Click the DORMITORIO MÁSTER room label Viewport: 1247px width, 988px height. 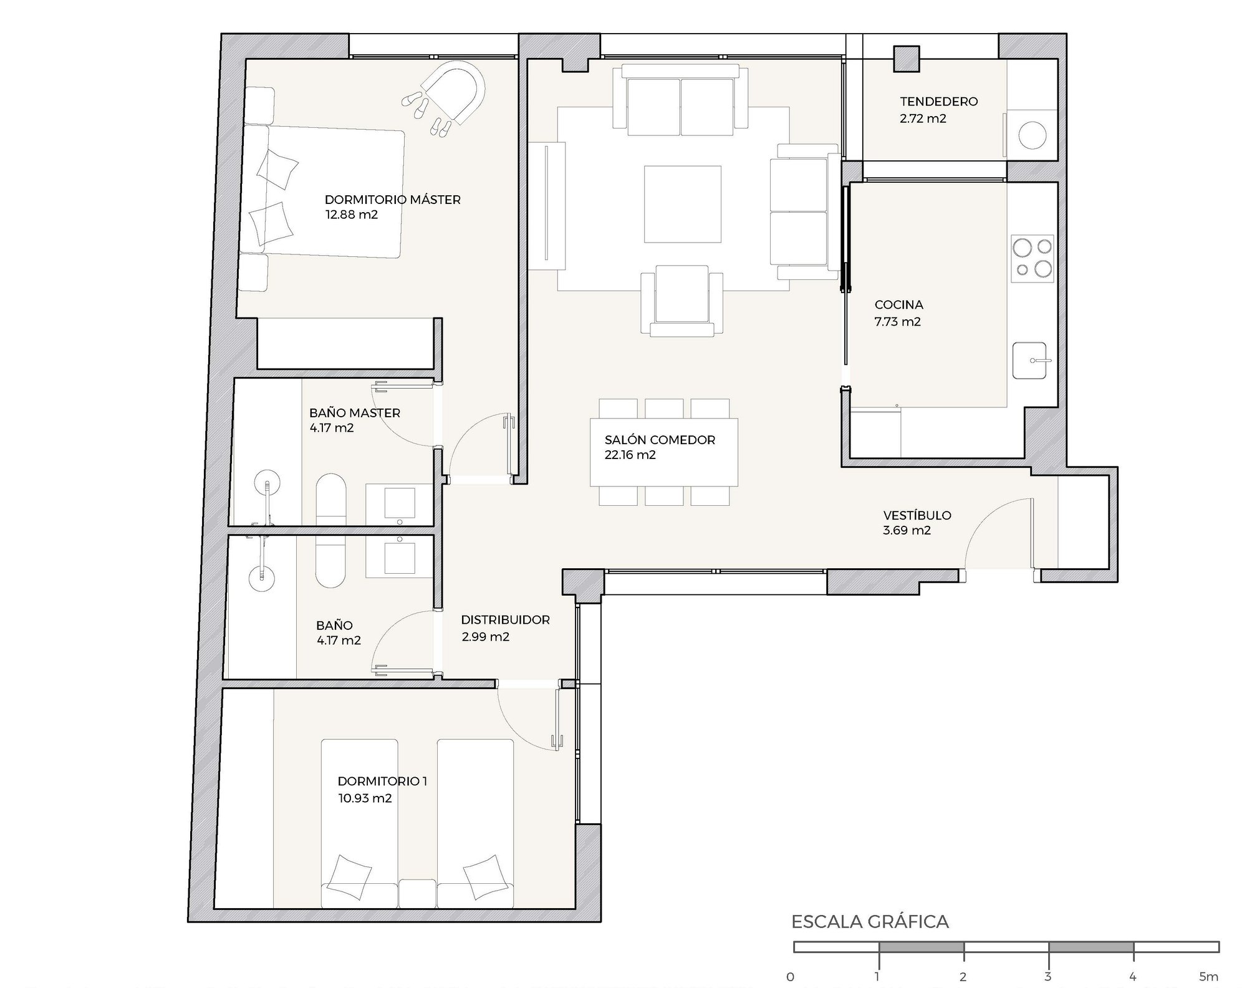[x=393, y=200]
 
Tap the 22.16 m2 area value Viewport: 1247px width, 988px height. [x=630, y=455]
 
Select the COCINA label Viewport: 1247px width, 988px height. [x=898, y=305]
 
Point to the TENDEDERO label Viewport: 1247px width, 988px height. [x=939, y=101]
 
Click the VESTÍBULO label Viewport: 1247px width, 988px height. [x=917, y=515]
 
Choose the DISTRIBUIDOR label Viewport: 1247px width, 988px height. [x=506, y=620]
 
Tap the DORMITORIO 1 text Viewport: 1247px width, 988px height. [x=383, y=781]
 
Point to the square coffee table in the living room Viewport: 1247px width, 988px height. [x=683, y=204]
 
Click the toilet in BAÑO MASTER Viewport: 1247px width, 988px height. [x=330, y=499]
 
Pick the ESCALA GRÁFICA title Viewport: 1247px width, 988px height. [x=870, y=922]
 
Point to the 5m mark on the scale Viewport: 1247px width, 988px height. [x=1208, y=977]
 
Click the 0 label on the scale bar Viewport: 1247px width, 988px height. [x=791, y=977]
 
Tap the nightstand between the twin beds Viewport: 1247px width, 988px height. [x=418, y=893]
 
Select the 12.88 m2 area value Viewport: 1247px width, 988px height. [x=352, y=215]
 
